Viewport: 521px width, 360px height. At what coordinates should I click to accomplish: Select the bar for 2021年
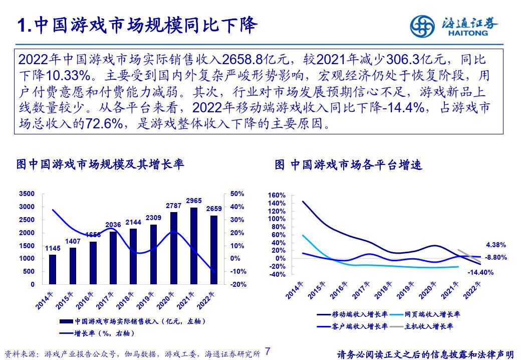[194, 246]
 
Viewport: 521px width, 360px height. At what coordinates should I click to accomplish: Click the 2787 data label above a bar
[173, 206]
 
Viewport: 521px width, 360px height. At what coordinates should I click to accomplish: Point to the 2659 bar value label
[214, 209]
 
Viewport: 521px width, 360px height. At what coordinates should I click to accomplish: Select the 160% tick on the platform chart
[277, 195]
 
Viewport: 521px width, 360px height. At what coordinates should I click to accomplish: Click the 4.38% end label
[496, 245]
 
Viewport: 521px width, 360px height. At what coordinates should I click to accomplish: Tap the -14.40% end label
[481, 273]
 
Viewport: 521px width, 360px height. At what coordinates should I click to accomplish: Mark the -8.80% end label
[496, 257]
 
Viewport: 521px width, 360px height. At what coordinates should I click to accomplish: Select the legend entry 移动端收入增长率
[359, 314]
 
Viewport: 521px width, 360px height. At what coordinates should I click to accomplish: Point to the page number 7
[268, 351]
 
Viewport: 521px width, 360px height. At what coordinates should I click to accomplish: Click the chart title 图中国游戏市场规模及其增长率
[100, 164]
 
